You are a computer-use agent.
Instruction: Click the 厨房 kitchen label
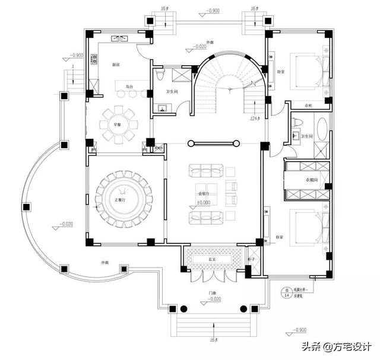coord(116,64)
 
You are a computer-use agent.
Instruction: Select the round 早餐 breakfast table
coord(119,125)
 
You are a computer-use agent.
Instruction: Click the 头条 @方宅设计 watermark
coord(337,347)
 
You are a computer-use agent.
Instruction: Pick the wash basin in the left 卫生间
coord(162,108)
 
